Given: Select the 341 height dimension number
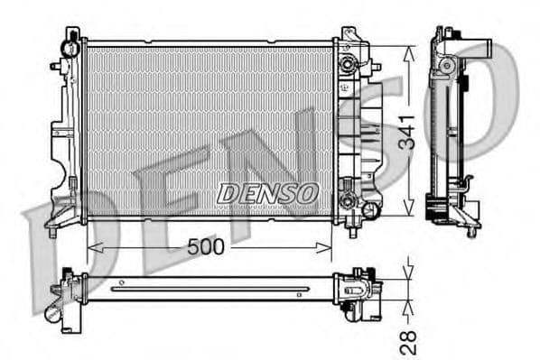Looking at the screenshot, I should [x=407, y=131].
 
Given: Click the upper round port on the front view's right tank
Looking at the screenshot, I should [x=348, y=65].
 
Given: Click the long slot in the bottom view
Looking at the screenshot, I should [x=211, y=290].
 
